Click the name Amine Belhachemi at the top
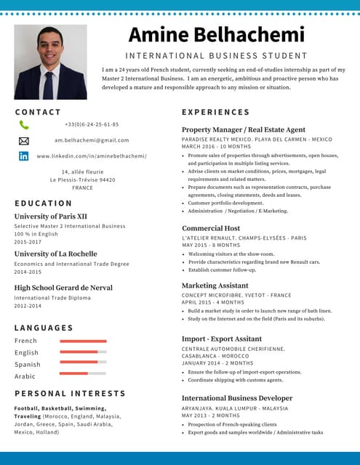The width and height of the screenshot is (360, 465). pos(216,35)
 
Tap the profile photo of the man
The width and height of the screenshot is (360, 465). pos(50,62)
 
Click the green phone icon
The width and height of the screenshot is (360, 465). pos(24,125)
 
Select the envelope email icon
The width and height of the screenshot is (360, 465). pos(24,140)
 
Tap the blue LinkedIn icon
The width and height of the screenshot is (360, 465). pos(24,155)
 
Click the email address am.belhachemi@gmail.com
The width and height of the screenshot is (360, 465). pos(92,140)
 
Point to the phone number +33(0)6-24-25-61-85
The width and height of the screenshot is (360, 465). pos(92,125)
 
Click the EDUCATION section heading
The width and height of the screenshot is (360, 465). pos(44,203)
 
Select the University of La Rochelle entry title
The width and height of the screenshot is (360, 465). pos(55,254)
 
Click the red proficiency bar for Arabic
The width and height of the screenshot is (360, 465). pos(73,373)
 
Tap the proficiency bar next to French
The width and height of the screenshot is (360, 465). pos(83,341)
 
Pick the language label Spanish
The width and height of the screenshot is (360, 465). pos(28,365)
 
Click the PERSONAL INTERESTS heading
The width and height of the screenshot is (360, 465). pos(60,393)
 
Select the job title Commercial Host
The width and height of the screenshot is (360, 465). pos(211,228)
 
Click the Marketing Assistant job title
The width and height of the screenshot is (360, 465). pos(215,286)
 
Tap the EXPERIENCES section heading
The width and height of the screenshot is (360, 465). pos(215,113)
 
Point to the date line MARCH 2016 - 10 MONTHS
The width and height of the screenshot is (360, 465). pos(216,146)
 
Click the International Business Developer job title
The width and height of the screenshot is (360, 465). pos(237,398)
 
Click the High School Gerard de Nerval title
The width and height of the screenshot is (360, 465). pos(63,288)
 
